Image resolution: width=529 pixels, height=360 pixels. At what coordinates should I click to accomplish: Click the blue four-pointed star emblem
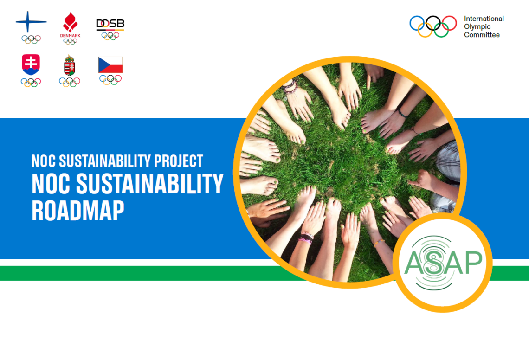click(x=31, y=21)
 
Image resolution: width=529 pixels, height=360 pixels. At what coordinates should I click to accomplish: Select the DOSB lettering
click(x=110, y=24)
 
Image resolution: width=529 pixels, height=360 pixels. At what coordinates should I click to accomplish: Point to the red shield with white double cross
click(x=31, y=64)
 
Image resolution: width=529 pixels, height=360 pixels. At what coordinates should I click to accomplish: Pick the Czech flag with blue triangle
click(x=110, y=65)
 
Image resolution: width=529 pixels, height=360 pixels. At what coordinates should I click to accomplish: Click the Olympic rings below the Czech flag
click(x=110, y=80)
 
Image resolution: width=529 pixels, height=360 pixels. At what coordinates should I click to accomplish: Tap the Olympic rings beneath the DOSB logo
click(x=110, y=36)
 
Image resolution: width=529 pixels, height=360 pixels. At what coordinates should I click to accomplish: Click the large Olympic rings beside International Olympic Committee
click(x=433, y=26)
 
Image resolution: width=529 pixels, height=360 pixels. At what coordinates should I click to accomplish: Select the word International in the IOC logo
click(x=484, y=19)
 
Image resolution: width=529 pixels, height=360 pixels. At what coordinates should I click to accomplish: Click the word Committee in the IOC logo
click(x=482, y=35)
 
